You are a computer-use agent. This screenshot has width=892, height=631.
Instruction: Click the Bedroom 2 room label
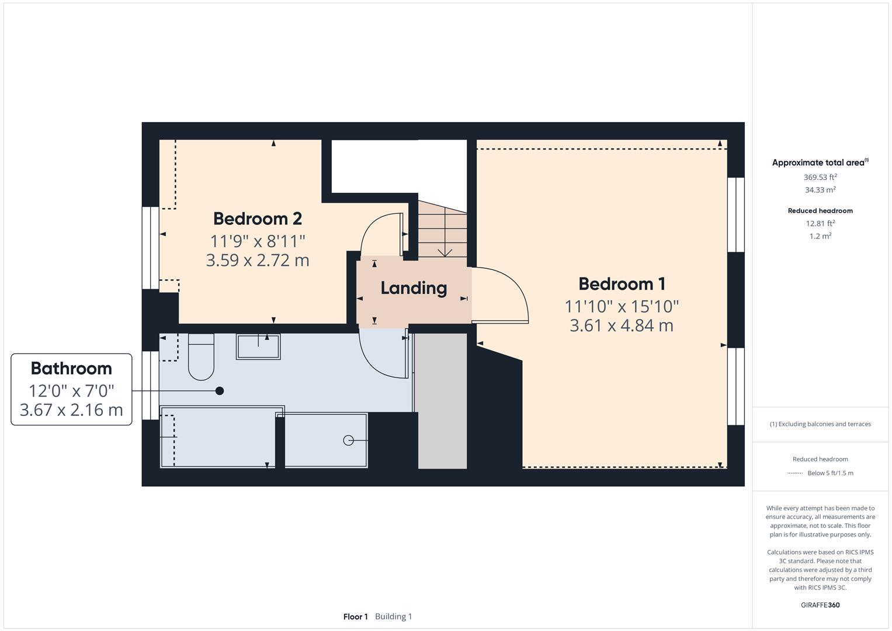257,219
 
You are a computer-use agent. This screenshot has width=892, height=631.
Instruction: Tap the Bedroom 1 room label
622,284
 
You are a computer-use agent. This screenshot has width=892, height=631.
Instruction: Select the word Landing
414,288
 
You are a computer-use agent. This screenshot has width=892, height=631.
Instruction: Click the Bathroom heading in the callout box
71,369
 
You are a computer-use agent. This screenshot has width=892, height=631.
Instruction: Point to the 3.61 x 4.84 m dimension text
622,325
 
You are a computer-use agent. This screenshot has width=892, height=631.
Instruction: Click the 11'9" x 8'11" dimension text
257,240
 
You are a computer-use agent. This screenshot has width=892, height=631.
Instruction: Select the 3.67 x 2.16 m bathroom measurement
71,410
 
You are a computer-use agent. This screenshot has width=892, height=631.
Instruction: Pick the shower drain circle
348,441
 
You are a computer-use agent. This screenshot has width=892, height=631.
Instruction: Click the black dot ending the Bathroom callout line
220,391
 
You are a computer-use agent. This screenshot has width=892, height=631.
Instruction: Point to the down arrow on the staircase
445,252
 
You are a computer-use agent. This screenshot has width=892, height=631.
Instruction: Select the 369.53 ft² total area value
820,177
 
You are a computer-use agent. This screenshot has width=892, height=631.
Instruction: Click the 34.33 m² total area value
820,190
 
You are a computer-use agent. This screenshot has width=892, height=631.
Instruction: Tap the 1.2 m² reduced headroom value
820,236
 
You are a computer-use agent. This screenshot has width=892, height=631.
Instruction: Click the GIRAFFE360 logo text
820,605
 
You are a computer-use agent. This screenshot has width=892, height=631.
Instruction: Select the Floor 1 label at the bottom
355,616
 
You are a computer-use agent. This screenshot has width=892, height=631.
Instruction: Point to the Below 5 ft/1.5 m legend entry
830,473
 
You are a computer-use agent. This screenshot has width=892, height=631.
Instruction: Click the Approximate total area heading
818,163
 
